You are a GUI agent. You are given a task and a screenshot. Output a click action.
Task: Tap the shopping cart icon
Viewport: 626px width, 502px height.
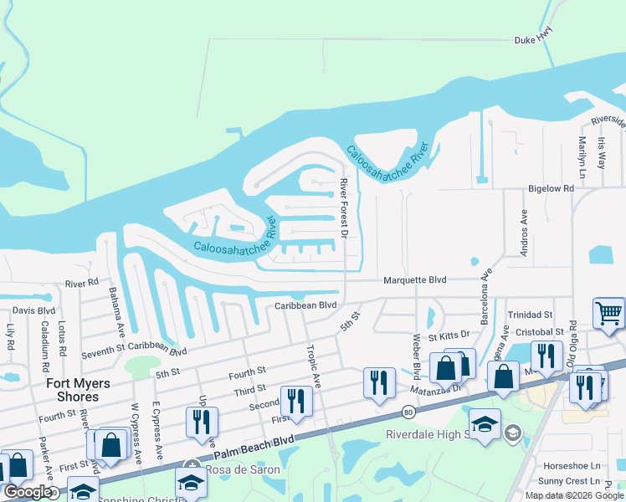tap(608, 314)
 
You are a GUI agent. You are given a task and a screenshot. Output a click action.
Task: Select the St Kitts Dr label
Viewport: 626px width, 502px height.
tap(449, 336)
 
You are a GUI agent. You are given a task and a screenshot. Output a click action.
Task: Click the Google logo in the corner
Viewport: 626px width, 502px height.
tap(28, 492)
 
